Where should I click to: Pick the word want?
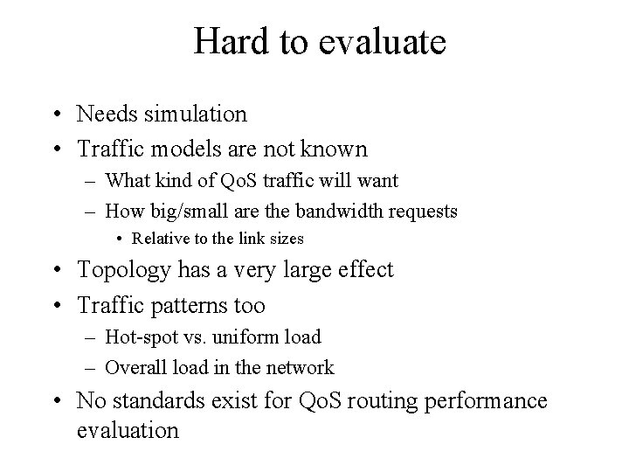click(x=380, y=181)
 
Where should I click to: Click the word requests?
click(x=425, y=211)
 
